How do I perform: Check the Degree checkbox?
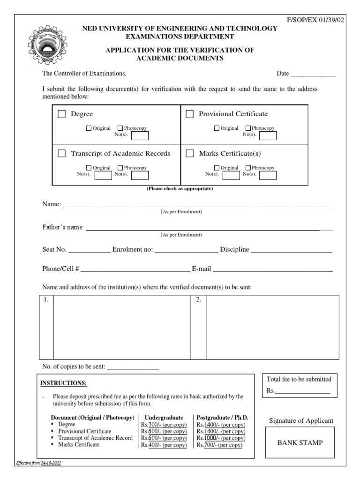coord(61,114)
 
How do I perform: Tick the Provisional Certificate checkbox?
coord(190,114)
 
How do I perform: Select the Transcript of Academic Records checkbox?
coord(61,153)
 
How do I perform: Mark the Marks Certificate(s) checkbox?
coord(190,153)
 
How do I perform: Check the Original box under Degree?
coord(89,128)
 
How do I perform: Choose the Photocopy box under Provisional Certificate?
coord(248,128)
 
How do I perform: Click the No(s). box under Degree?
coord(140,135)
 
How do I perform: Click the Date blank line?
coord(313,74)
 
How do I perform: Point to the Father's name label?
coord(63,227)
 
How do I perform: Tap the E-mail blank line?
coord(273,270)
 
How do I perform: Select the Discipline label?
coord(234,249)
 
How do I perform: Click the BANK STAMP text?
coord(300,442)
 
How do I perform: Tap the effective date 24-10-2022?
coord(50,463)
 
